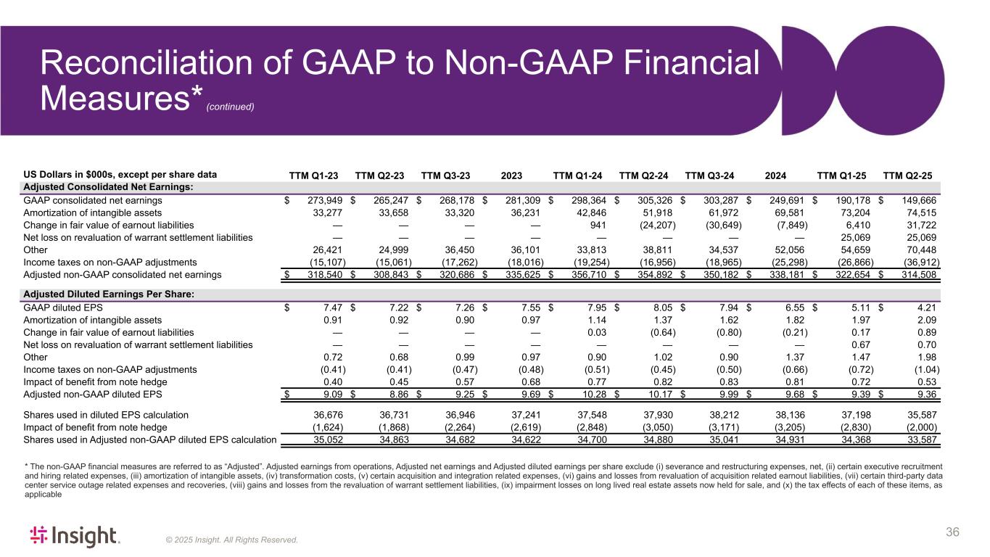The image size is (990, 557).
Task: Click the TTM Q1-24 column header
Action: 578,175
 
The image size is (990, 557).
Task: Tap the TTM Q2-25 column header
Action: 907,175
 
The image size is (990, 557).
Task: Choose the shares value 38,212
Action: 722,415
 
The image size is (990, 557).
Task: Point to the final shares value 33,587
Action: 917,440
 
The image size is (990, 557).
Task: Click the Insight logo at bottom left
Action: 74,536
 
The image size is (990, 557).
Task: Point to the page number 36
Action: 952,533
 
